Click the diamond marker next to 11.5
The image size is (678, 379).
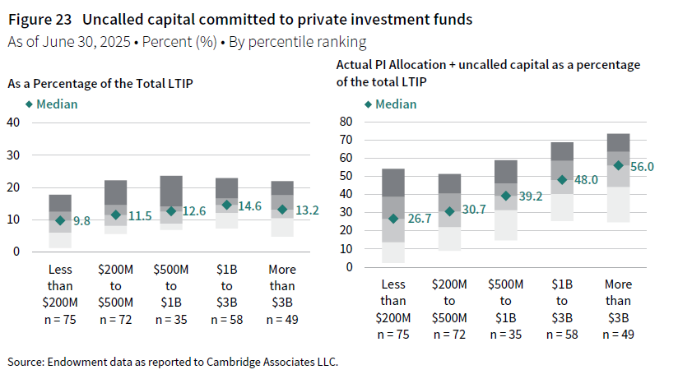click(x=116, y=215)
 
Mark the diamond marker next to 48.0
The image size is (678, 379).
click(x=563, y=180)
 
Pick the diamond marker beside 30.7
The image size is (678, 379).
click(x=449, y=211)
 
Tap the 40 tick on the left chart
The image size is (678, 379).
click(x=13, y=122)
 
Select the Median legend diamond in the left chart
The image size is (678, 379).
click(x=30, y=104)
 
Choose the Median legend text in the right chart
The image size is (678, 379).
click(x=396, y=104)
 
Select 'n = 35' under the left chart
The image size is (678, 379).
click(x=171, y=319)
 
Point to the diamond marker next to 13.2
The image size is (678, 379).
click(x=283, y=210)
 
